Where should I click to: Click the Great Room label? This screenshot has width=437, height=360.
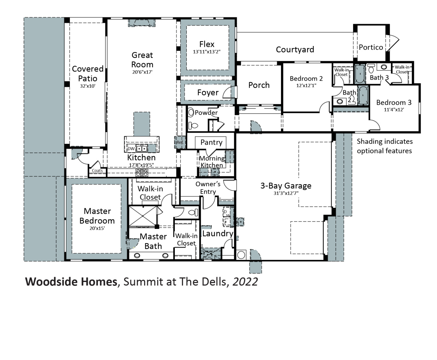click(142, 60)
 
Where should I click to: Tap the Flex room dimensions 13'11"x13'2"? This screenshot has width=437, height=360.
click(207, 52)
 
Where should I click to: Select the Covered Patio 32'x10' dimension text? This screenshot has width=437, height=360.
click(87, 86)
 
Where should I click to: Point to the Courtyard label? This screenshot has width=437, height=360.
click(295, 50)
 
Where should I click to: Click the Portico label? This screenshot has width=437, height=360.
click(371, 47)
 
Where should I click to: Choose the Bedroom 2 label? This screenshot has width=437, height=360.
click(306, 79)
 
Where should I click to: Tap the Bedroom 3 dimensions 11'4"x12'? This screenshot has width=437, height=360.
click(394, 110)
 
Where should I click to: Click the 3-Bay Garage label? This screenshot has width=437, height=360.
click(286, 186)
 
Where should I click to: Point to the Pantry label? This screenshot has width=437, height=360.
click(211, 142)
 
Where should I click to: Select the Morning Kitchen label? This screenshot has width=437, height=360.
click(212, 162)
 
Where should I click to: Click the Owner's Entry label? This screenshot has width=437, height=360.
click(208, 188)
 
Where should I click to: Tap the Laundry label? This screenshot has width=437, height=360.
click(218, 233)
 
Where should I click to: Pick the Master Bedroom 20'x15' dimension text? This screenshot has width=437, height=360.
click(97, 228)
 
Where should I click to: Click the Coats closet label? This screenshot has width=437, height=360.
click(97, 171)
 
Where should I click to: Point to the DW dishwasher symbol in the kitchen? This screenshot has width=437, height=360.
click(131, 149)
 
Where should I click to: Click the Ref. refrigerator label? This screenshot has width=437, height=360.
click(180, 142)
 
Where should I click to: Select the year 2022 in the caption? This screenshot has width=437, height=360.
click(245, 282)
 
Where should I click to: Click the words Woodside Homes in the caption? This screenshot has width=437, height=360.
click(71, 282)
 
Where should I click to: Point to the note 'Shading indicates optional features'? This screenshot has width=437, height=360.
click(384, 146)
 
